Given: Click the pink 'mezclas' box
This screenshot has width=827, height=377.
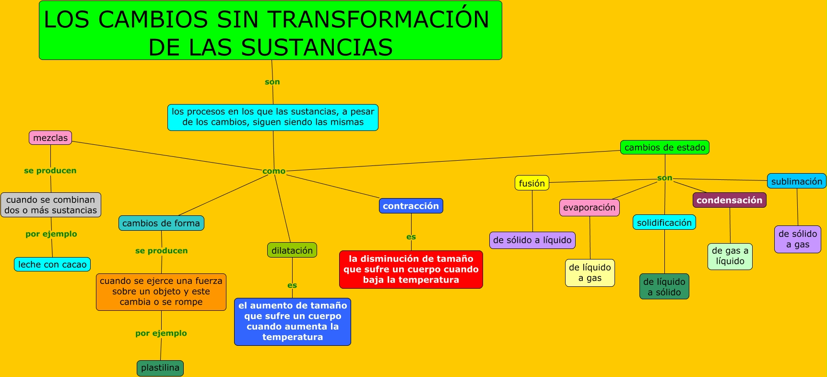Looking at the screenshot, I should point(50,138).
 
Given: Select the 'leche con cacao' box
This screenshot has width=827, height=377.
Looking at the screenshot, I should point(52,264).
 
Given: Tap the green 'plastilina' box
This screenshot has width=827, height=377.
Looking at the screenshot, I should point(160,368).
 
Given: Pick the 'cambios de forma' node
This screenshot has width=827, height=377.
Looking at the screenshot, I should point(161,223).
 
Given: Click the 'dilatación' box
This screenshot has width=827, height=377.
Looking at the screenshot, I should point(292,250).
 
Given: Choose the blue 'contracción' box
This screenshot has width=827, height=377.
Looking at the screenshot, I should point(411,206).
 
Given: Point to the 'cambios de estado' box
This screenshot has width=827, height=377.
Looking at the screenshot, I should point(665,147).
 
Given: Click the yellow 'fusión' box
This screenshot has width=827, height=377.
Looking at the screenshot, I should point(532,183).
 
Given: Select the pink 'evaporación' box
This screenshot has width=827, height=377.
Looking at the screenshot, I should point(589,207).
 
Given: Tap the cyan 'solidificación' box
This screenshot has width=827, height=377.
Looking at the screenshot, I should point(664,223).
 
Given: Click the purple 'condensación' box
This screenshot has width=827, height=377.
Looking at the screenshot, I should point(729,200).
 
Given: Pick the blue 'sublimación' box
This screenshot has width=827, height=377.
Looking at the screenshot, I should point(796,181).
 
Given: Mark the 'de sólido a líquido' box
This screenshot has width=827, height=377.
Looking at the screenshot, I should point(532,240).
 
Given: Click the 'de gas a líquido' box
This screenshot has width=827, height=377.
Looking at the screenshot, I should point(730,256).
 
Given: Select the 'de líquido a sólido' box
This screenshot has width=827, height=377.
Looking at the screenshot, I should point(664,287).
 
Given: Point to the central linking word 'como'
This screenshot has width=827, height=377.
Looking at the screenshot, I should point(274,171).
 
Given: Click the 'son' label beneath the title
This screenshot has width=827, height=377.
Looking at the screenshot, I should point(272,82).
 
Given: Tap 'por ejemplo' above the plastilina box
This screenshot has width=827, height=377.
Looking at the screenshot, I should point(161,333).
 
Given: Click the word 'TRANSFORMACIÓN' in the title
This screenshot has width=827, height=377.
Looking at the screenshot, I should point(378,20).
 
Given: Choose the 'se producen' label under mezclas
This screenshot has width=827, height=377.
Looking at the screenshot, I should point(50,170).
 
